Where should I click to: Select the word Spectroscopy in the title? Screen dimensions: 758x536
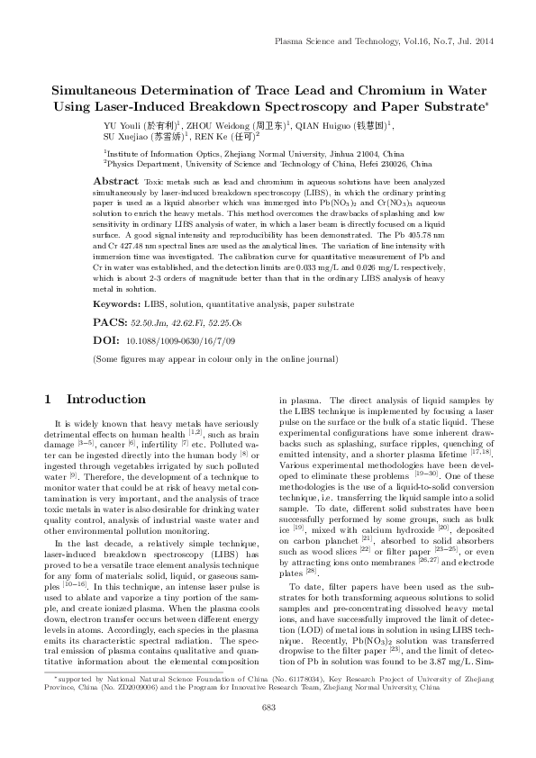[313, 106]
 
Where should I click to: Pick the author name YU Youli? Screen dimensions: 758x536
[120, 125]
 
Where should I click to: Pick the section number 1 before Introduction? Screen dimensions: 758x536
[48, 399]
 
